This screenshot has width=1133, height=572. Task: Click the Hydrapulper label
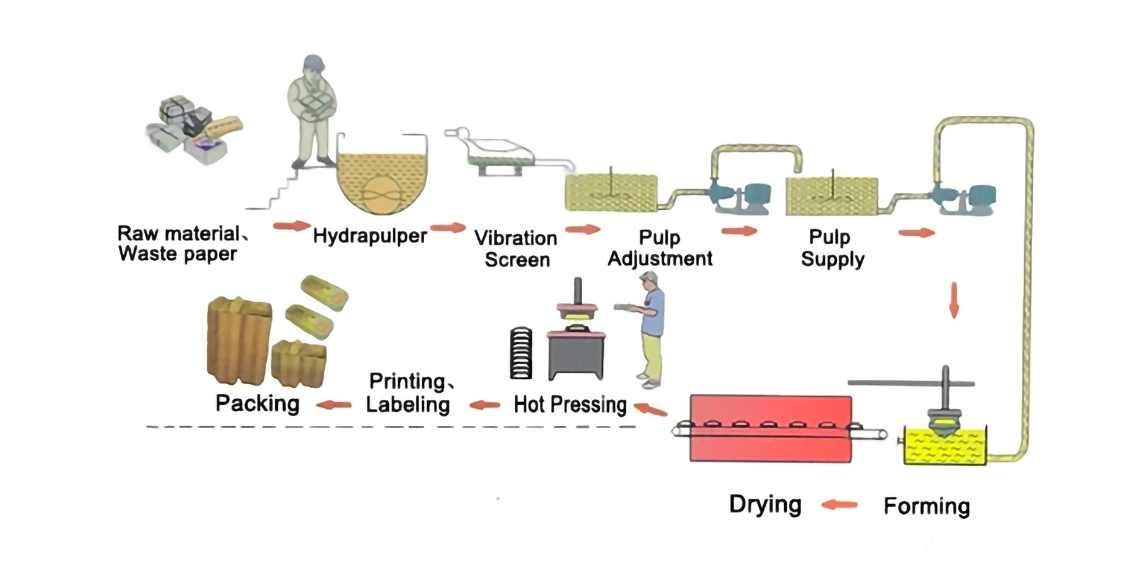pos(370,236)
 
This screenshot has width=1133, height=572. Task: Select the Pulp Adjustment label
pos(659,248)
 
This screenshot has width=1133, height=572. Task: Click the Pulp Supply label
pos(832,248)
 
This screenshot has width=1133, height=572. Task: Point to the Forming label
pos(926,506)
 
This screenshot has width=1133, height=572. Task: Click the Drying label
pos(765,505)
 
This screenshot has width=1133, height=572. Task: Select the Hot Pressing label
pos(570,405)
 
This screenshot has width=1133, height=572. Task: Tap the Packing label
pos(258,403)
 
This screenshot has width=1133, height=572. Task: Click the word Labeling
pos(408,405)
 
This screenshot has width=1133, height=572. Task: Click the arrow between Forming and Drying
pos(840,505)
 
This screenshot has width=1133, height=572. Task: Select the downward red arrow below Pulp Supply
pos(954,300)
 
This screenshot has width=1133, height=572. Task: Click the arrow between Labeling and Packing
pos(334,405)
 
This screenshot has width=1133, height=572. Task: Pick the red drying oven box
pos(770,429)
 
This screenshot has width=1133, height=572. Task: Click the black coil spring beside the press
pos(520,353)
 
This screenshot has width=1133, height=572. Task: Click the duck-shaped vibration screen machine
pos(496,151)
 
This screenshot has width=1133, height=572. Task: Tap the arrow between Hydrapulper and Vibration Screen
pos(448,228)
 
